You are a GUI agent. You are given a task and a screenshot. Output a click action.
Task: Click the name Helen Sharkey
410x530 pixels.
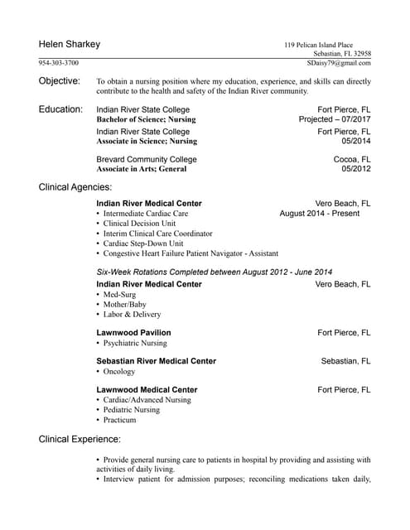tap(69, 44)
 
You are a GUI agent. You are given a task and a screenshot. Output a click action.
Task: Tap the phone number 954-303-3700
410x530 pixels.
tap(59, 63)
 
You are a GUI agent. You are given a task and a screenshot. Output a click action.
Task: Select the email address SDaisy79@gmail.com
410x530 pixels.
tap(339, 63)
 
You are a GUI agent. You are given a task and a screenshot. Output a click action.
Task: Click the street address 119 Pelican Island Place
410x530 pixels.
tap(318, 45)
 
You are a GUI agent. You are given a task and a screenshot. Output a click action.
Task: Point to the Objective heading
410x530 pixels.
tap(60, 81)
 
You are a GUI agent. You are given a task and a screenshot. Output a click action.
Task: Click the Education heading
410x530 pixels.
tap(60, 109)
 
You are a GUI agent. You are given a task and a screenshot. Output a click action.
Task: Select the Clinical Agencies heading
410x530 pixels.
tap(75, 188)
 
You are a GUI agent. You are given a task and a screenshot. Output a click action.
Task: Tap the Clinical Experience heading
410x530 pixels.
tap(80, 439)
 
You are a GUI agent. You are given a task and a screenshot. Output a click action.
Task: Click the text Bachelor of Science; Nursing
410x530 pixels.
tap(146, 119)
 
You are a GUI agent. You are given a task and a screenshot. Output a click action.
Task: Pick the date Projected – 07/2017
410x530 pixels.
tap(335, 119)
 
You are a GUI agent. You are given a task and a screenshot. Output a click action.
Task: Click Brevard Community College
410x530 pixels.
tap(147, 159)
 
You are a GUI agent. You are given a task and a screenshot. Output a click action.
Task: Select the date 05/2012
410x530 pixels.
tap(355, 169)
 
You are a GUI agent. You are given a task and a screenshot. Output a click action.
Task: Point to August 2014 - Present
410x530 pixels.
tap(320, 214)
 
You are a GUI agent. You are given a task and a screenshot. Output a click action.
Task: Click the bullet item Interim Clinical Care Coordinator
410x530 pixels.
tap(157, 234)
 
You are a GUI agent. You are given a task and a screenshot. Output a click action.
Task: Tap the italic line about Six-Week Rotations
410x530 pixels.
tap(215, 272)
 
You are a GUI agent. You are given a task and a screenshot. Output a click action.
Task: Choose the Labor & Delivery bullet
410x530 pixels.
tap(133, 315)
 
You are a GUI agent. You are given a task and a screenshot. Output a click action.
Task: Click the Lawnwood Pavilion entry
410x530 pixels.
tap(133, 333)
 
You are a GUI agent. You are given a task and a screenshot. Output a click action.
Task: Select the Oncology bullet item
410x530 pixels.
tap(118, 372)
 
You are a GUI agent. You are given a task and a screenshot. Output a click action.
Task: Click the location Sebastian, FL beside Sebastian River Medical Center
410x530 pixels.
tap(345, 361)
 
